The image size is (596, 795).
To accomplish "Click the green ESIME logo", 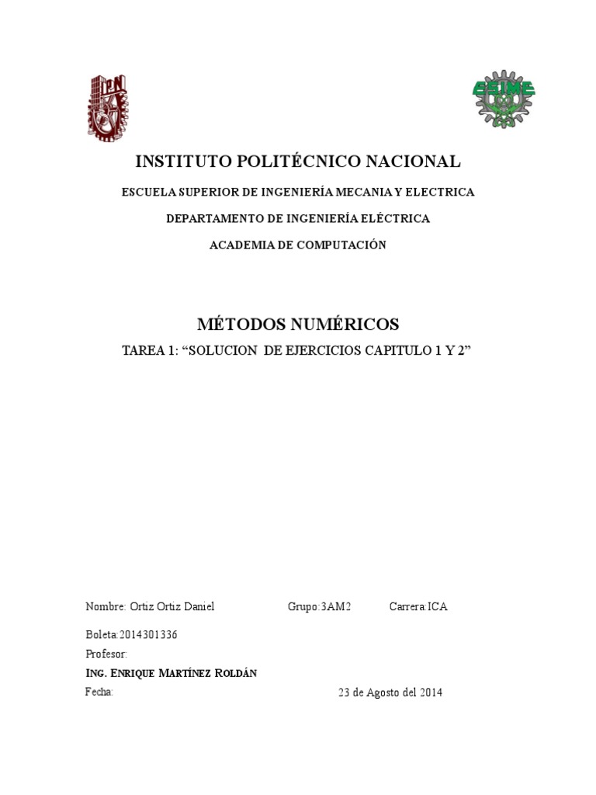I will (x=504, y=102).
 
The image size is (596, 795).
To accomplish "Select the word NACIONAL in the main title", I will (x=414, y=161).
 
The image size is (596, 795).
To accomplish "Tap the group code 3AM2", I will (x=336, y=607).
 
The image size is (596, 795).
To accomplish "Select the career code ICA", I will (x=437, y=607).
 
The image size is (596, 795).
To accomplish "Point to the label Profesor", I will (x=106, y=654).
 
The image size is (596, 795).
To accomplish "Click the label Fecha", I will (x=99, y=692).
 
